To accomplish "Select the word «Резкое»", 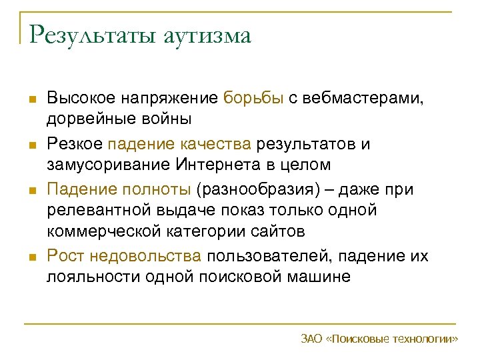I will click(x=75, y=144).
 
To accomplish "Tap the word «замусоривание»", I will click(x=109, y=165).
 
